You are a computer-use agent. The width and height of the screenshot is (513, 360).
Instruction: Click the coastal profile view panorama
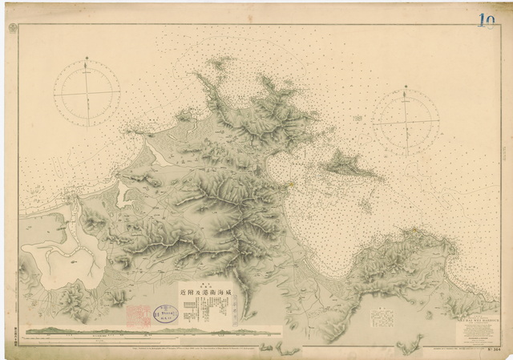[x=152, y=330]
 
